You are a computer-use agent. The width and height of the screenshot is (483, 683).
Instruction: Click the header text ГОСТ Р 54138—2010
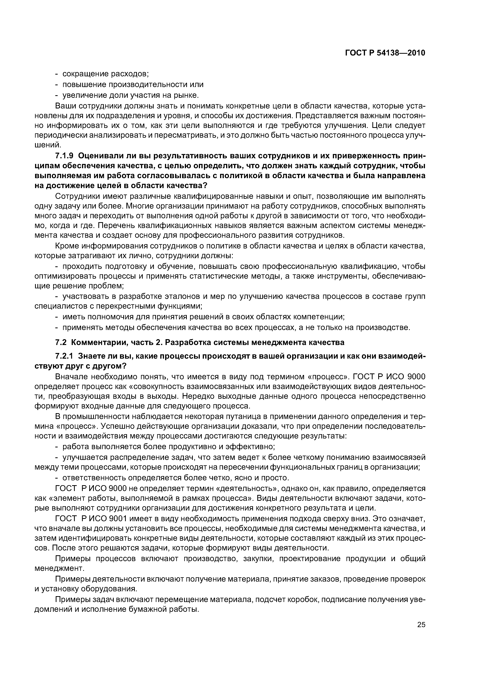click(x=385, y=53)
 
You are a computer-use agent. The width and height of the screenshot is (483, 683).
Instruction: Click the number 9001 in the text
click(x=118, y=518)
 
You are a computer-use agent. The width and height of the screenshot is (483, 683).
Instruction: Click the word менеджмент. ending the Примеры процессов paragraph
click(x=60, y=569)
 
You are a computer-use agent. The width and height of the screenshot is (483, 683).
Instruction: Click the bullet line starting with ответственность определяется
click(x=176, y=478)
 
